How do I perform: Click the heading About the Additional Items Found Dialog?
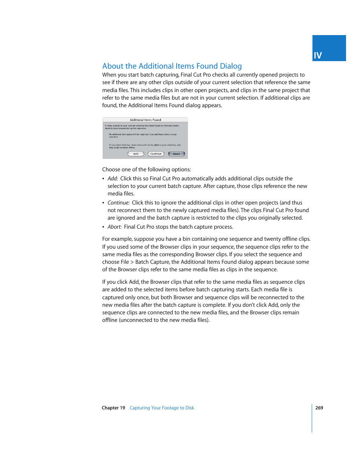click(172, 66)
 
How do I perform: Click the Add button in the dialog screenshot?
click(136, 154)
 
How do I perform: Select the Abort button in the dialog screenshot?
click(176, 154)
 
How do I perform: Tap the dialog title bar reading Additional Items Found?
click(145, 120)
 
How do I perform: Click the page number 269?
click(319, 408)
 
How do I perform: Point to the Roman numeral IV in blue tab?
click(318, 55)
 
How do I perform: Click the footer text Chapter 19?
click(113, 408)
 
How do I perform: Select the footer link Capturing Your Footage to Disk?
click(162, 408)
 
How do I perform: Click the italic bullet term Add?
click(113, 178)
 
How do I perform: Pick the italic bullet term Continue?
click(118, 203)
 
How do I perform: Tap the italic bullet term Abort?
click(115, 227)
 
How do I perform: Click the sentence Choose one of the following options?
click(146, 169)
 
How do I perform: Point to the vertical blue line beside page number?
click(312, 418)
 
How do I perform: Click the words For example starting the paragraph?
click(117, 239)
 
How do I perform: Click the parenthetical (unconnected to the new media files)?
click(164, 320)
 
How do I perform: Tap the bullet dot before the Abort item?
click(103, 227)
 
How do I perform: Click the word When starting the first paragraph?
click(109, 75)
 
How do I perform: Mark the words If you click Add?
click(120, 282)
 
